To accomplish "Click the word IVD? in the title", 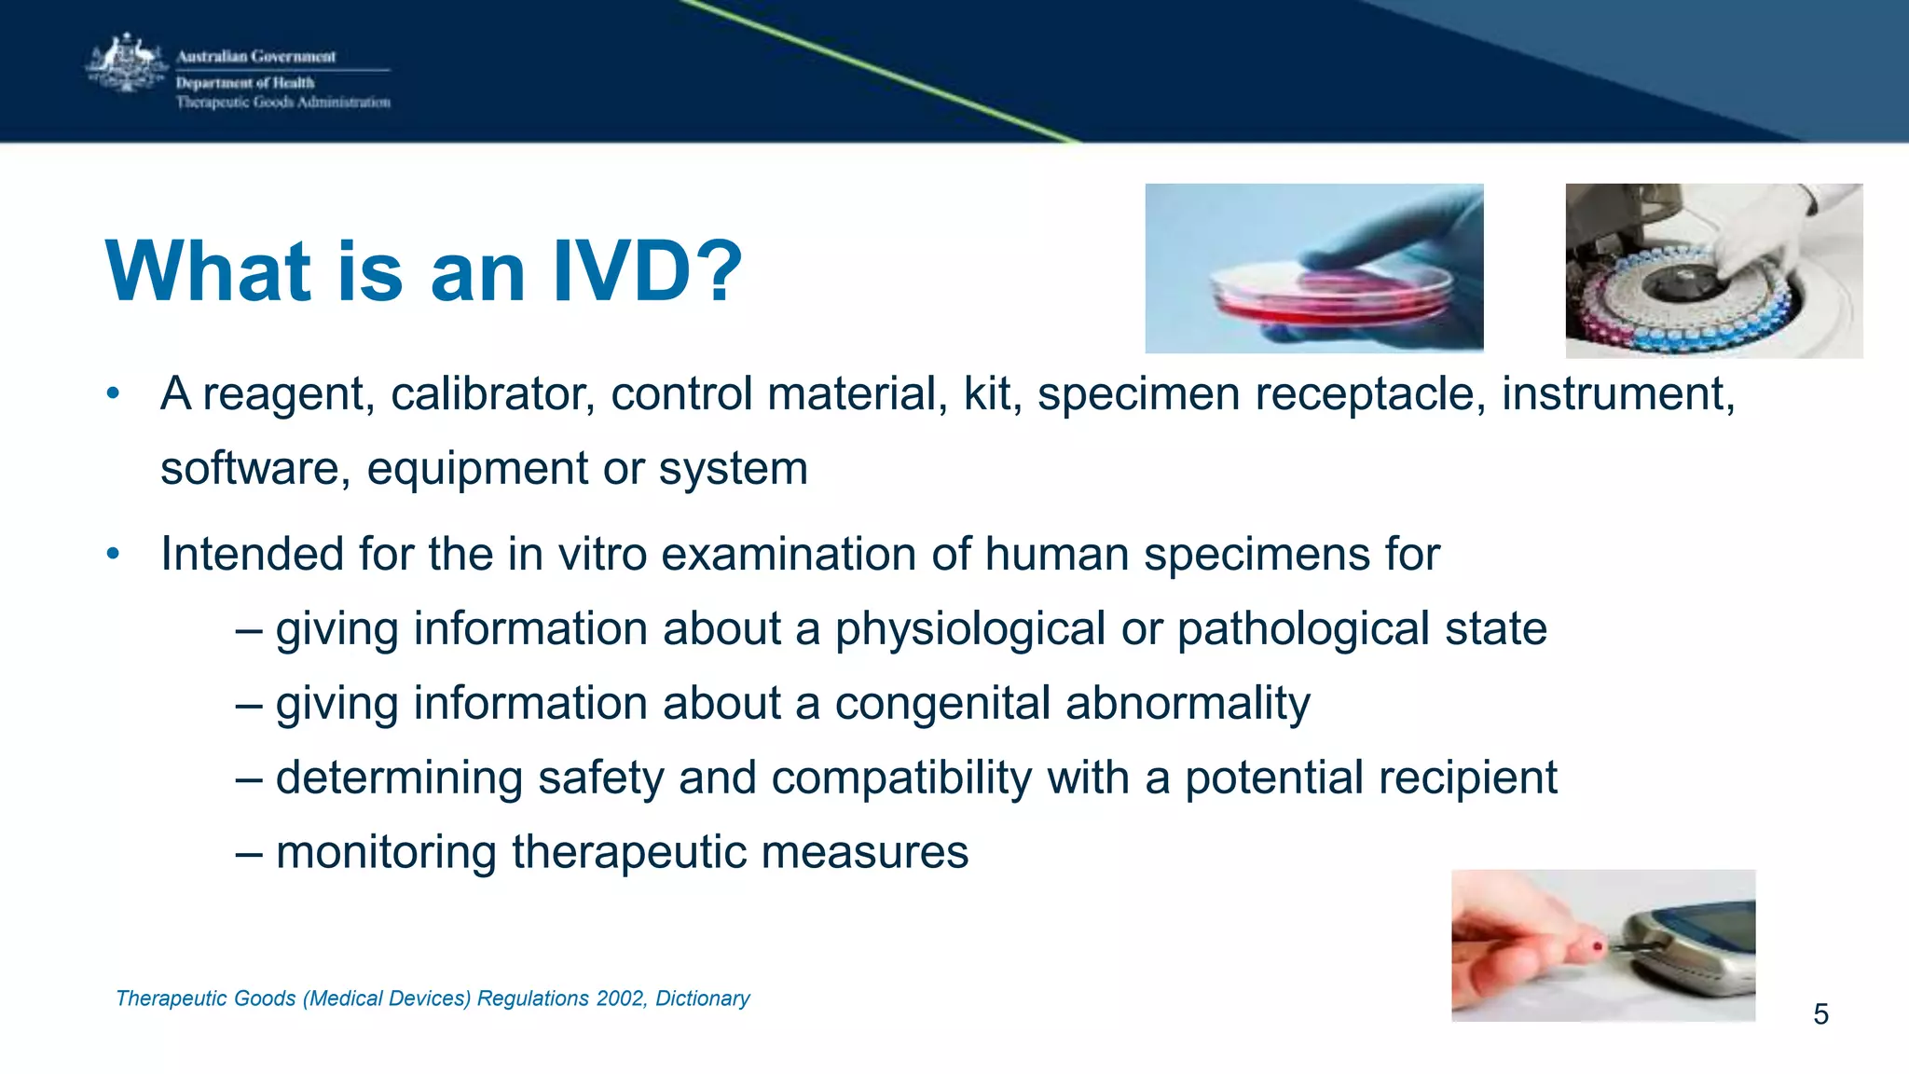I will (647, 271).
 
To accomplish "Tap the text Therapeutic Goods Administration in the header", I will (282, 103).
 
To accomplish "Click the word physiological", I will (969, 629).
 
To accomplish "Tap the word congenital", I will (941, 704).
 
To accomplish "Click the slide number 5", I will (1820, 1014).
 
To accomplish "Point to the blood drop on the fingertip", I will (1598, 948).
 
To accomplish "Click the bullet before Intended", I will (113, 555).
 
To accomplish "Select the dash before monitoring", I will (248, 853).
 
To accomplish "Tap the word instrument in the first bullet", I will (1617, 394).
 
